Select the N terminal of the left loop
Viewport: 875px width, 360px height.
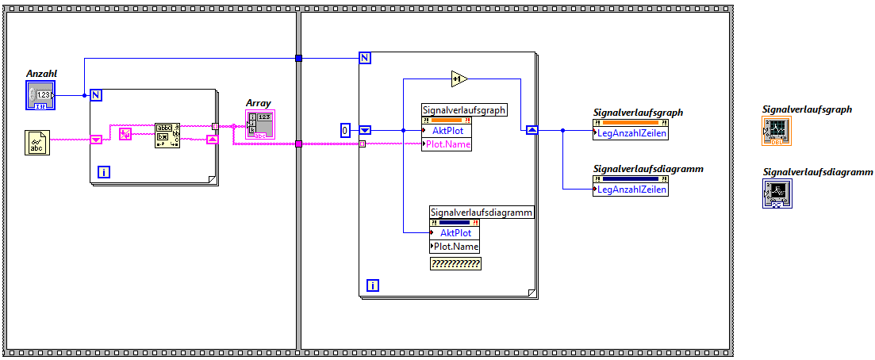coord(97,95)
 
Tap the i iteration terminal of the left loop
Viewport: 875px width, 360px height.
coord(104,171)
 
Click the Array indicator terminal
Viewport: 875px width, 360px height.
coord(260,124)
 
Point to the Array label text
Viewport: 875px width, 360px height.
coord(259,103)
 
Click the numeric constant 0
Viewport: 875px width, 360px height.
coord(346,130)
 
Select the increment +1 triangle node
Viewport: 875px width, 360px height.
coord(459,79)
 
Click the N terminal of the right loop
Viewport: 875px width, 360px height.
coord(365,57)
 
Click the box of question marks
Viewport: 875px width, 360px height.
coord(455,264)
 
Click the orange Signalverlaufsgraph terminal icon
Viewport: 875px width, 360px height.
coord(776,130)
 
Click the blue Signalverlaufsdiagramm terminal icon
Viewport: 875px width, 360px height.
coord(777,193)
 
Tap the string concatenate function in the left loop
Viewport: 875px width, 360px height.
coord(167,136)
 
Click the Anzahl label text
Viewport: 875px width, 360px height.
coord(42,74)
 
